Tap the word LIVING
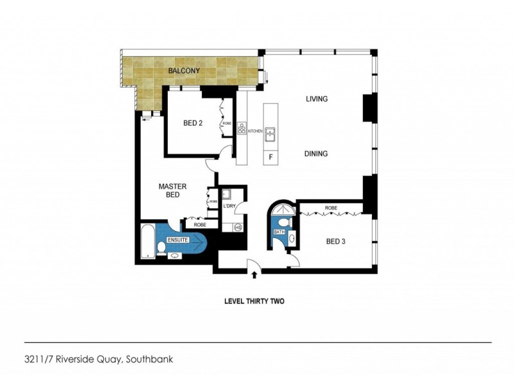(317, 99)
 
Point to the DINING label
(317, 154)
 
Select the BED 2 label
(193, 124)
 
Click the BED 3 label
(336, 242)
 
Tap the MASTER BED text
(172, 190)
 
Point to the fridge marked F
(270, 157)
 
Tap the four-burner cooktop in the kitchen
(242, 129)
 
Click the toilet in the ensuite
(174, 255)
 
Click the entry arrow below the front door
(254, 275)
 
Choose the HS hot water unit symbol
(237, 226)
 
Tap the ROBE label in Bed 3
(331, 208)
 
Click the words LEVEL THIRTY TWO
(254, 301)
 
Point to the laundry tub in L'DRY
(227, 194)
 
